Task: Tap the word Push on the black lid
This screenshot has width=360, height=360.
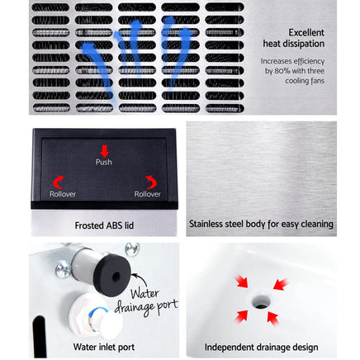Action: point(104,163)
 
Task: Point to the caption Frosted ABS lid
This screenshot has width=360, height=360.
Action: point(104,224)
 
